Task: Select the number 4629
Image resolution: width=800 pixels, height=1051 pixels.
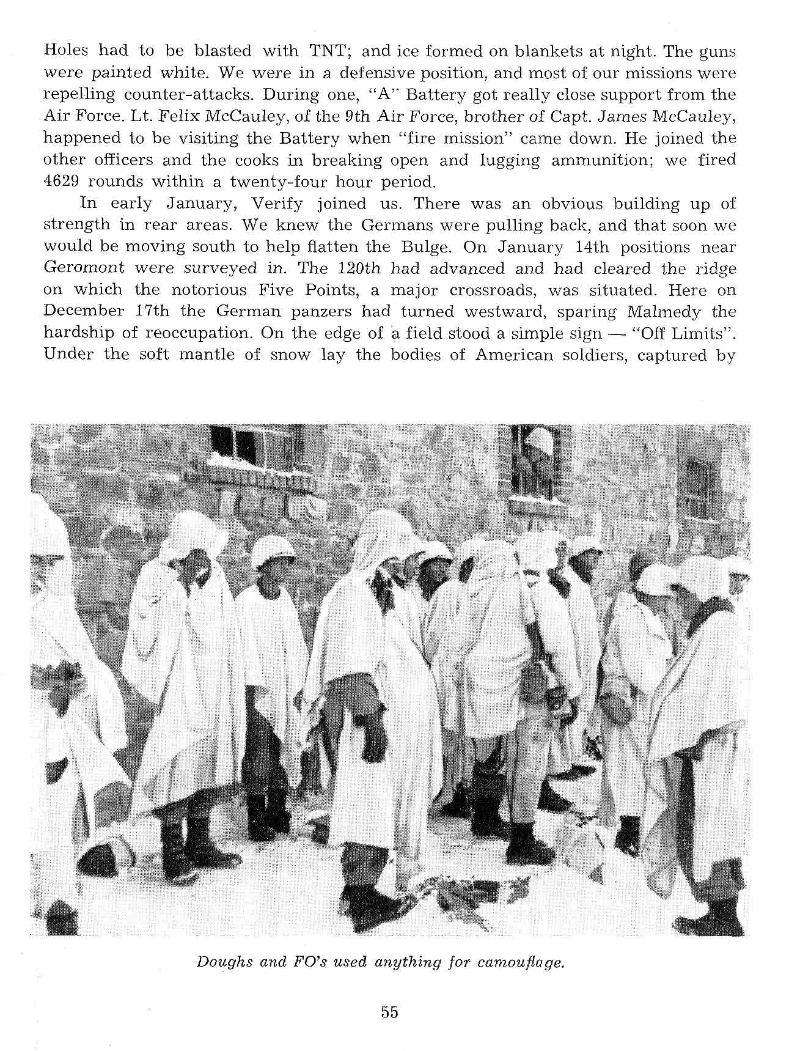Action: pos(63,182)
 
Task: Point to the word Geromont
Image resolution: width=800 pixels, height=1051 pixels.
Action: pos(84,268)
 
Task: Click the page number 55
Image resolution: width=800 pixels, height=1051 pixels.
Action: pos(389,1012)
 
